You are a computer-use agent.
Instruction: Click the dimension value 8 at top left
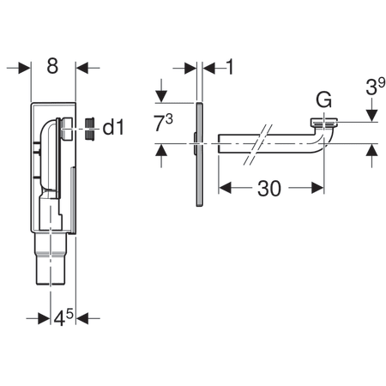[52, 67]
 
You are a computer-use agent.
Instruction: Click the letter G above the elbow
[323, 100]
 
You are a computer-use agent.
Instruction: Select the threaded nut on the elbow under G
[324, 123]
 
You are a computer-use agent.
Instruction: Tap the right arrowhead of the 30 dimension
[317, 185]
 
